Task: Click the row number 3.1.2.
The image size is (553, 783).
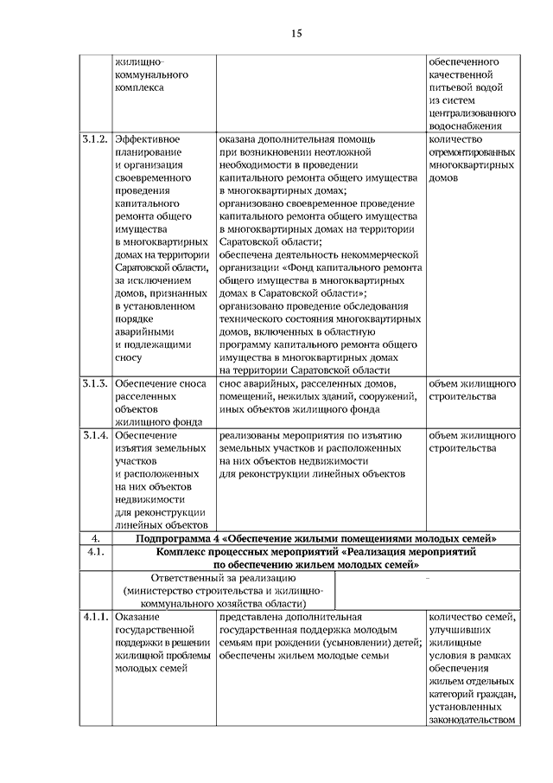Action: coord(94,139)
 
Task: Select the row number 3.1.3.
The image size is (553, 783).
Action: coord(94,382)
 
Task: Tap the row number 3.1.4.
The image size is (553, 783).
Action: coord(94,435)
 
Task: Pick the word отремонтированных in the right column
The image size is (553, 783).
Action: coord(473,153)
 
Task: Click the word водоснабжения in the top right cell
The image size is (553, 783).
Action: coord(473,126)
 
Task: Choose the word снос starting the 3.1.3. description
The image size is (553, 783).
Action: coord(232,383)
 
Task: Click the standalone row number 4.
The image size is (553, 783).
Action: coord(94,538)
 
